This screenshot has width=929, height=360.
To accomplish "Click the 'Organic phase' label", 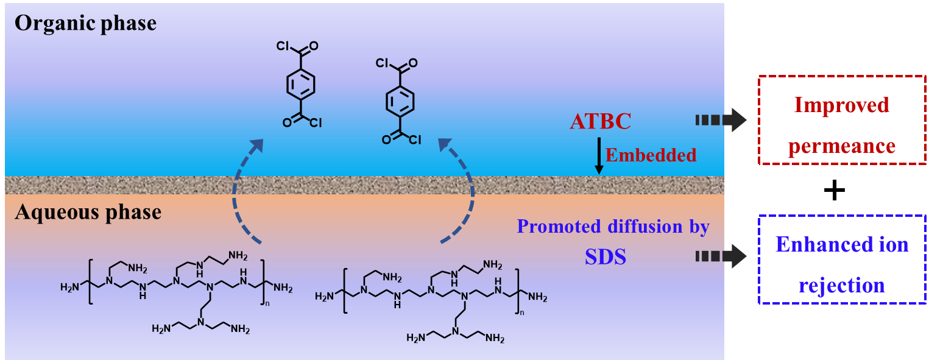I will [x=85, y=24].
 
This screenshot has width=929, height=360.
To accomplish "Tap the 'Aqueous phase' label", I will [x=88, y=212].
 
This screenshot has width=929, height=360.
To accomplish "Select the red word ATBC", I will [x=600, y=121].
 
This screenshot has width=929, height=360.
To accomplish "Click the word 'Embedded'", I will [x=651, y=155].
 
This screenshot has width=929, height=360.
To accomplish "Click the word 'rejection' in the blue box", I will [x=842, y=285].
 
